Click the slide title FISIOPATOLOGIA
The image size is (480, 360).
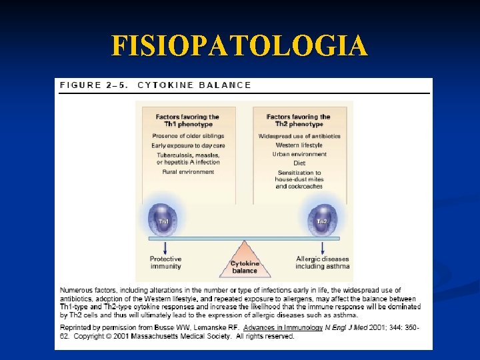click(x=239, y=46)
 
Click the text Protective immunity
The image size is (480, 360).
click(x=165, y=263)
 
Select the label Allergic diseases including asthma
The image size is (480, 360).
click(x=323, y=263)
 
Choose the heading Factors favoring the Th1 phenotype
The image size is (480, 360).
click(x=187, y=120)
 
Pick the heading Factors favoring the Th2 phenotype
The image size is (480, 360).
click(x=299, y=120)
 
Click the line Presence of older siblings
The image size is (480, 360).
click(x=187, y=137)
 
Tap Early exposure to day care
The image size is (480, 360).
click(x=188, y=145)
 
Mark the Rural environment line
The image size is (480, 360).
click(x=188, y=171)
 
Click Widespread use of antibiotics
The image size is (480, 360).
click(x=299, y=137)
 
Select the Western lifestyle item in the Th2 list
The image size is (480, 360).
click(x=299, y=145)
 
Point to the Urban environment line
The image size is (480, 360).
click(x=299, y=154)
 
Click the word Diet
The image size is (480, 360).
click(x=299, y=163)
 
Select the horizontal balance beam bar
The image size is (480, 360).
click(x=244, y=238)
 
